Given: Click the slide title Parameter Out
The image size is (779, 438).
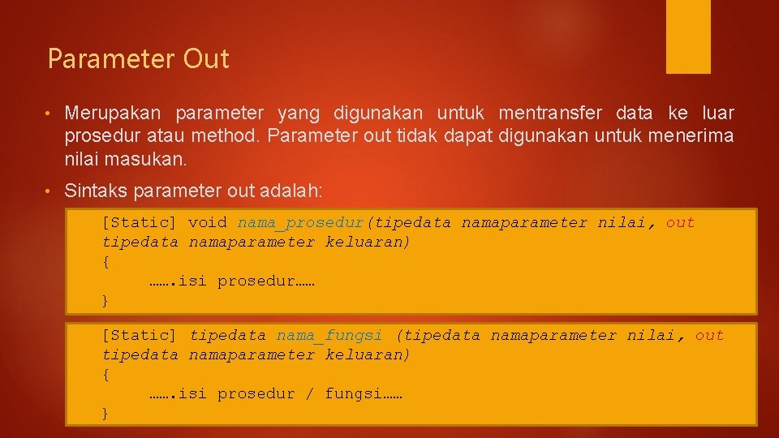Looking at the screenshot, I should [138, 59].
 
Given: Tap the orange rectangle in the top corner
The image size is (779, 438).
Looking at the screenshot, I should [688, 36].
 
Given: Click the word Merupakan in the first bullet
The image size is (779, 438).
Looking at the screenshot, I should [113, 113].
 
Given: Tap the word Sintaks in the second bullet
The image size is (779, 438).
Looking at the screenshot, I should [92, 191].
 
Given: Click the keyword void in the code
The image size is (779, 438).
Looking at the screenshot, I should [208, 222].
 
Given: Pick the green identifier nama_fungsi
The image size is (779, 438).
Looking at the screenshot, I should [329, 335].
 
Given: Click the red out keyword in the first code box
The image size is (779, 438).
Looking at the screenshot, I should [680, 222].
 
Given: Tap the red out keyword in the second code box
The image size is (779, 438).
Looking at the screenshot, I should [709, 335].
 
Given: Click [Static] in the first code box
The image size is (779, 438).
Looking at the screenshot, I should [139, 222].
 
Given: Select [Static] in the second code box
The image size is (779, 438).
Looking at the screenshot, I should [139, 335].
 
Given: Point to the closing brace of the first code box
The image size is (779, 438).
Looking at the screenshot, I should [105, 301].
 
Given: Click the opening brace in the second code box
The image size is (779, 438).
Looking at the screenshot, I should [105, 374].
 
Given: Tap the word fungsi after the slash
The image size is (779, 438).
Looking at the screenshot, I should [353, 393].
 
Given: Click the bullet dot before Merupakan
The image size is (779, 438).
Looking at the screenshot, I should [50, 114].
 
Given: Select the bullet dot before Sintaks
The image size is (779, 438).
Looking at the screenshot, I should [50, 192].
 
